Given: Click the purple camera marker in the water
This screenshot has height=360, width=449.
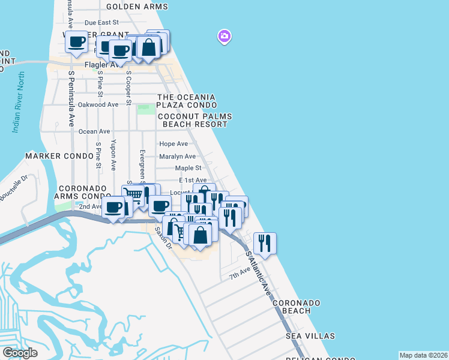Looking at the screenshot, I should click(224, 37).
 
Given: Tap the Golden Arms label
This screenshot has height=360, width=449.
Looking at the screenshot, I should click(137, 7).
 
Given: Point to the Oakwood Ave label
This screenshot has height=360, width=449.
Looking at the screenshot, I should click(98, 104).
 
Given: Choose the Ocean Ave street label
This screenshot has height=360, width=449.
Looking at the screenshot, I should click(94, 131).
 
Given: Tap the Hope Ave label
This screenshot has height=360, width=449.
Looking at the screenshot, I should click(173, 144).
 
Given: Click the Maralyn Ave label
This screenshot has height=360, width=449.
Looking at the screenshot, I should click(177, 157).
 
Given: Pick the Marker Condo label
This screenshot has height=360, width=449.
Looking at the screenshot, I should click(52, 155).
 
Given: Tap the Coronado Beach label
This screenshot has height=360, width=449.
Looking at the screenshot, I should click(297, 307).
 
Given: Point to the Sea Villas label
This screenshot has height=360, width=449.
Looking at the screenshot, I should click(310, 335).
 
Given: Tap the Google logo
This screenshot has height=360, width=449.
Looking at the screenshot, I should click(20, 353).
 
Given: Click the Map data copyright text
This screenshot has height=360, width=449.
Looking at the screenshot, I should click(423, 355).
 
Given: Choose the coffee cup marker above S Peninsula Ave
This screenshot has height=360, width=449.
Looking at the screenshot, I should click(76, 42).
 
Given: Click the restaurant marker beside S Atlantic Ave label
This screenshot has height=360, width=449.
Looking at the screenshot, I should click(265, 243).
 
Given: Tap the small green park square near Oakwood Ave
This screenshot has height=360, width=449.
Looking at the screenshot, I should click(145, 109).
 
